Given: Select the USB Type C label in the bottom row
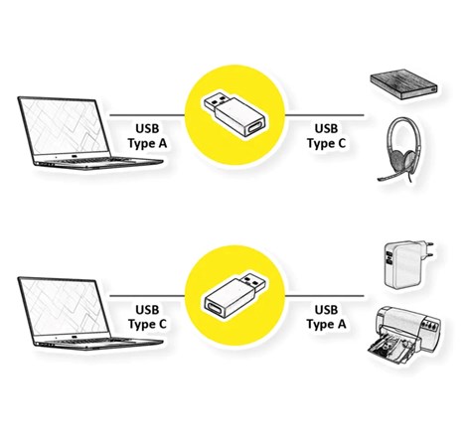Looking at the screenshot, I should pos(149,317).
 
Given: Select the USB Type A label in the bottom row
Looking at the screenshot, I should pos(325,317).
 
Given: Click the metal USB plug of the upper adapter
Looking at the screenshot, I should pos(217,103).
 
